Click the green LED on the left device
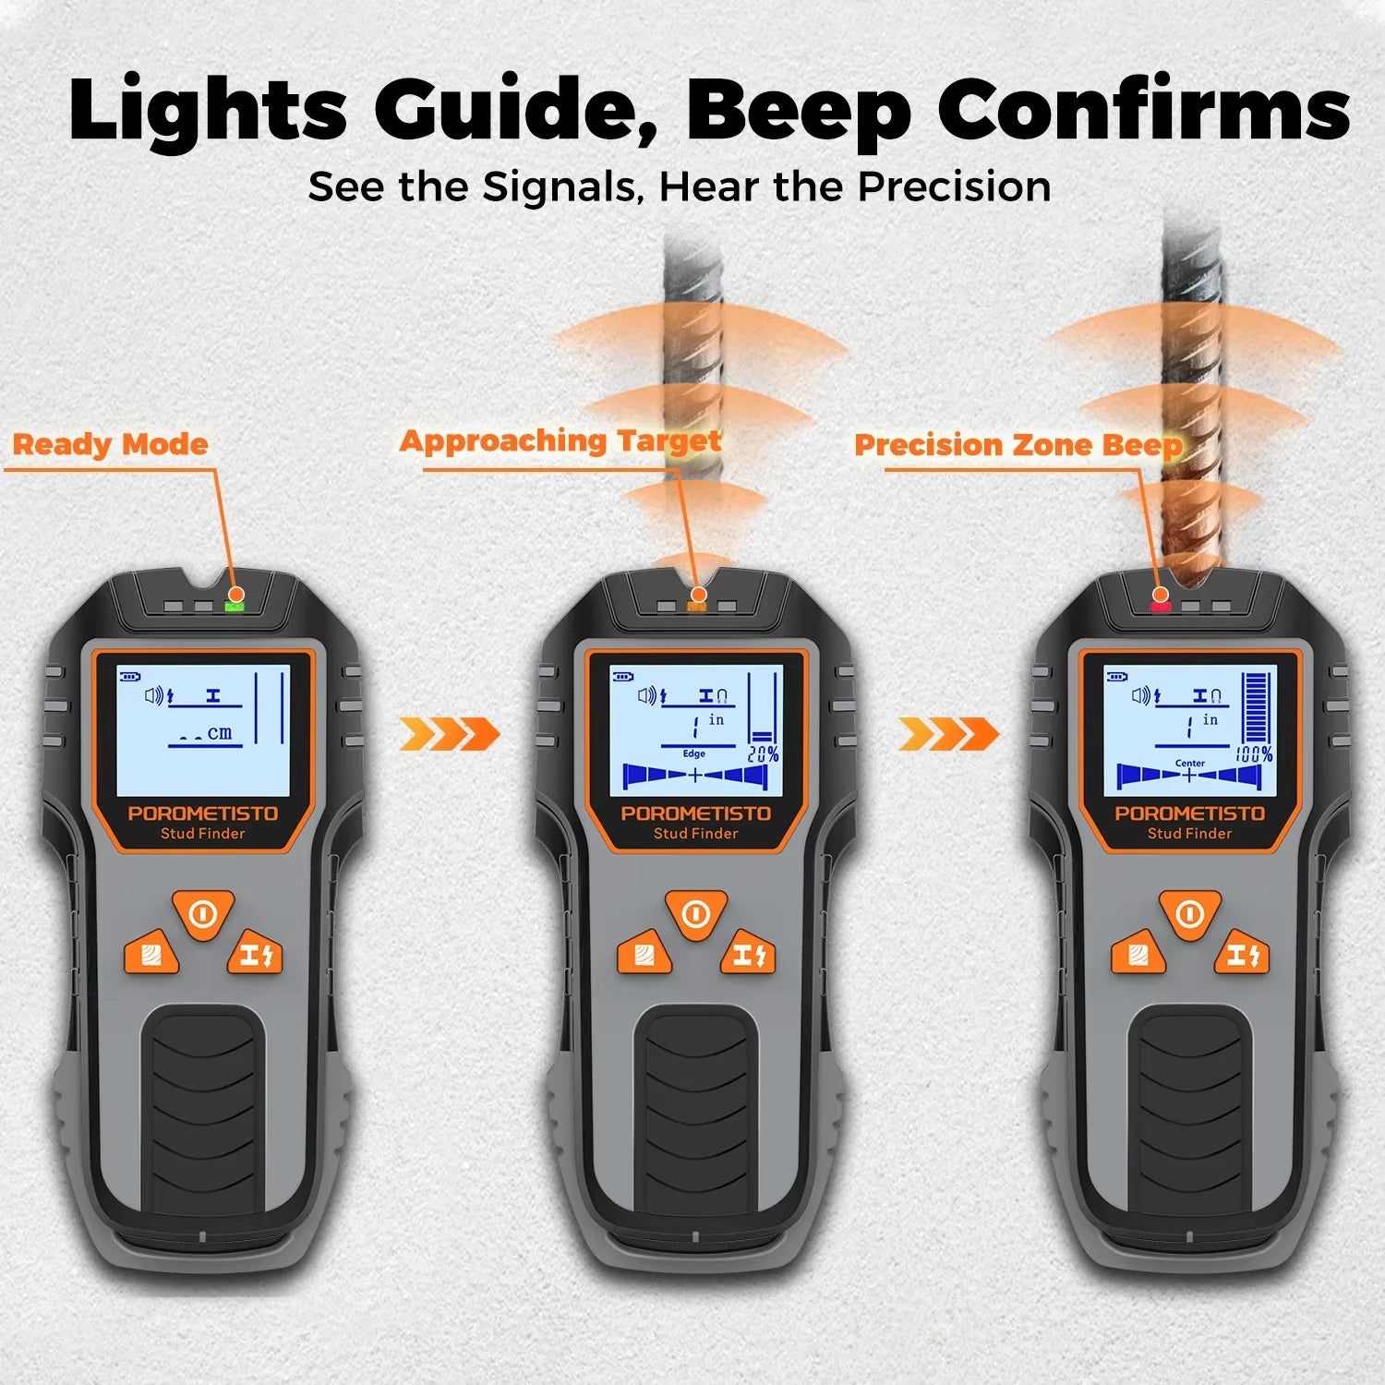[234, 607]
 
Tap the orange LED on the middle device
[697, 607]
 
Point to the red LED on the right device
[1160, 607]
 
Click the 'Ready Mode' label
[110, 444]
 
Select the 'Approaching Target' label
[560, 440]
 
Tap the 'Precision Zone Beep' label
[1018, 445]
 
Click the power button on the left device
[203, 914]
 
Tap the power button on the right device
[1189, 914]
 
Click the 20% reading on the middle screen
[763, 754]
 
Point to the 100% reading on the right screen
[1255, 754]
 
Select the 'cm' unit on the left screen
[220, 733]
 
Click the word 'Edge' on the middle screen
[694, 753]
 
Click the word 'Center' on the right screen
[1190, 763]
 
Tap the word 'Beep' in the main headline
[798, 110]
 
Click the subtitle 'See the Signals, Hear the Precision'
[679, 187]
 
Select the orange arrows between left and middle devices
[450, 735]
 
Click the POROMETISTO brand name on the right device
[1189, 813]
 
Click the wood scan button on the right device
[1138, 955]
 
